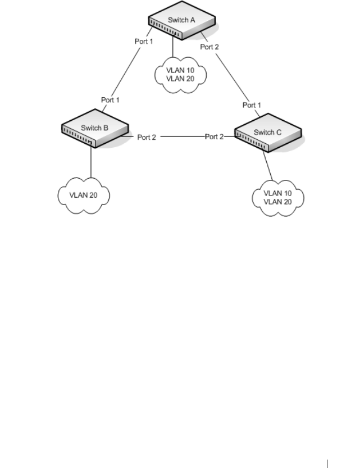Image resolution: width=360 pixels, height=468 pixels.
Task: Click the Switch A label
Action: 181,20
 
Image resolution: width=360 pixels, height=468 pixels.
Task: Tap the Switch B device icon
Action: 95,128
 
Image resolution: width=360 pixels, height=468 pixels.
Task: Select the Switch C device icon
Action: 268,133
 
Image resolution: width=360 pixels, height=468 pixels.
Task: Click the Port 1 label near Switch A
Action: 144,41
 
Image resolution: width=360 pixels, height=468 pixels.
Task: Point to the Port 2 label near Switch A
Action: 209,47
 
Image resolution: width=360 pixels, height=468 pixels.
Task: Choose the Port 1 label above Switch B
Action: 110,99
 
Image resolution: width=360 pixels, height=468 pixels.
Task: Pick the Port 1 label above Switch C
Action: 252,105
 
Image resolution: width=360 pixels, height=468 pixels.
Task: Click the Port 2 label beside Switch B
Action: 147,137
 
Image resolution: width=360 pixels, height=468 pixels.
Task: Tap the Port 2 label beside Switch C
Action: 214,137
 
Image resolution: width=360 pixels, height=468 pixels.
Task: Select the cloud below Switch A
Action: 180,75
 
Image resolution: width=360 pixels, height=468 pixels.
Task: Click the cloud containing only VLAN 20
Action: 84,196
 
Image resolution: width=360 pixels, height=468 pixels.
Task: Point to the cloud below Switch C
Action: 278,198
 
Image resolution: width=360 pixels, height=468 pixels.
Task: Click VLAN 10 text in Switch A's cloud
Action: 180,70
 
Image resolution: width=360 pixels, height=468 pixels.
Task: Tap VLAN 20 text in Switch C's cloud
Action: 277,202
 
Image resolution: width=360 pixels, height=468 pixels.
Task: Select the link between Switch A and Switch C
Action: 230,74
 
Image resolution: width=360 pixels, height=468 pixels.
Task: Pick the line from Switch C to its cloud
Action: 267,165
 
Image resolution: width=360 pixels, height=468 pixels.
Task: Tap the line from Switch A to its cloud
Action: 173,46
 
